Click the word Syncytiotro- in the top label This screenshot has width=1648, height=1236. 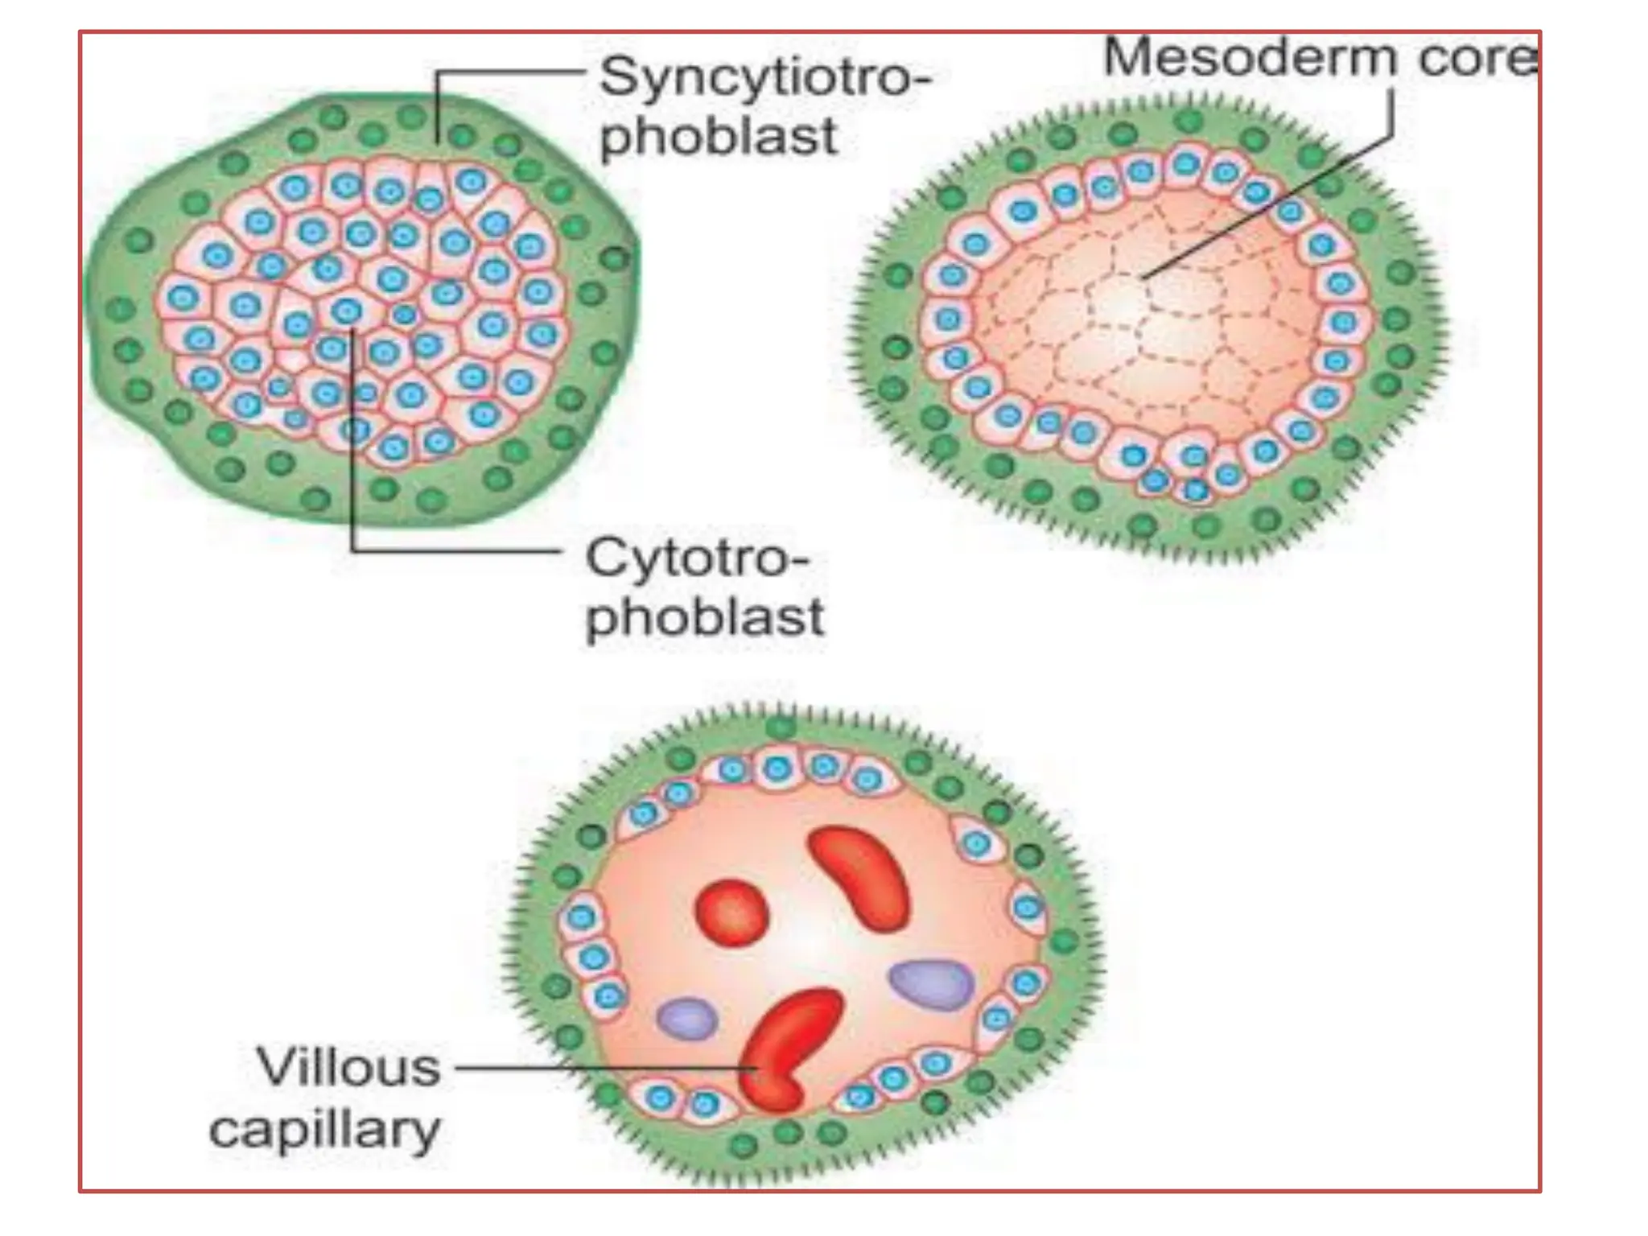[764, 79]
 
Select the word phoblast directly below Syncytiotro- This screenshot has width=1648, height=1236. [719, 137]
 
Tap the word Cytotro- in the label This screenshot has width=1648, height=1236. [697, 558]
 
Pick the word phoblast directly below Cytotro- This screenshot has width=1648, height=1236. [705, 617]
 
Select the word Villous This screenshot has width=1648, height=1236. [348, 1068]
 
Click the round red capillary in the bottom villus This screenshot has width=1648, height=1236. [731, 912]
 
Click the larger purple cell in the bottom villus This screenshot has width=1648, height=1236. [932, 984]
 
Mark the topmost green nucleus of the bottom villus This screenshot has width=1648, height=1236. [780, 728]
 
